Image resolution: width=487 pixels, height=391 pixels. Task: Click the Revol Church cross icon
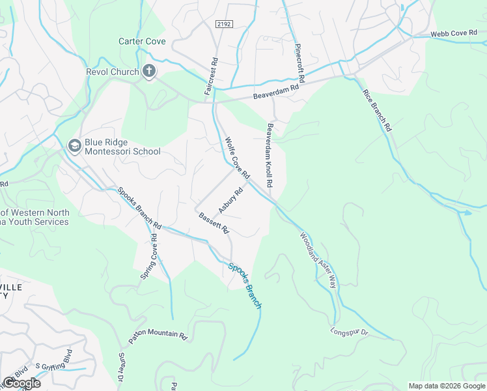pos(149,72)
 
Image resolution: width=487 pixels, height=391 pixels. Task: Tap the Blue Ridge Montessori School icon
pos(74,145)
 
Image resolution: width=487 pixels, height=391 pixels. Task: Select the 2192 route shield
pos(224,23)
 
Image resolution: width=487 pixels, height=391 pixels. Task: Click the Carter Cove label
pos(142,41)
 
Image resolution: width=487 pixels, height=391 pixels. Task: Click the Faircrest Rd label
pos(210,77)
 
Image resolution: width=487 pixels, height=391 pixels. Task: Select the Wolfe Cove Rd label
pos(237,158)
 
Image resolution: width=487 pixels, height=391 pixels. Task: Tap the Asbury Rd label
pos(230,201)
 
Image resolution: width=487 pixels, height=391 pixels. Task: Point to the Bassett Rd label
pos(214,224)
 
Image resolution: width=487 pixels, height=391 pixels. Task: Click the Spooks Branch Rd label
pos(139,208)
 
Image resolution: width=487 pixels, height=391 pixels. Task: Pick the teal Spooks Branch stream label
pos(245,285)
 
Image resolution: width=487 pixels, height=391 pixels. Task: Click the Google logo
pos(21,383)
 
